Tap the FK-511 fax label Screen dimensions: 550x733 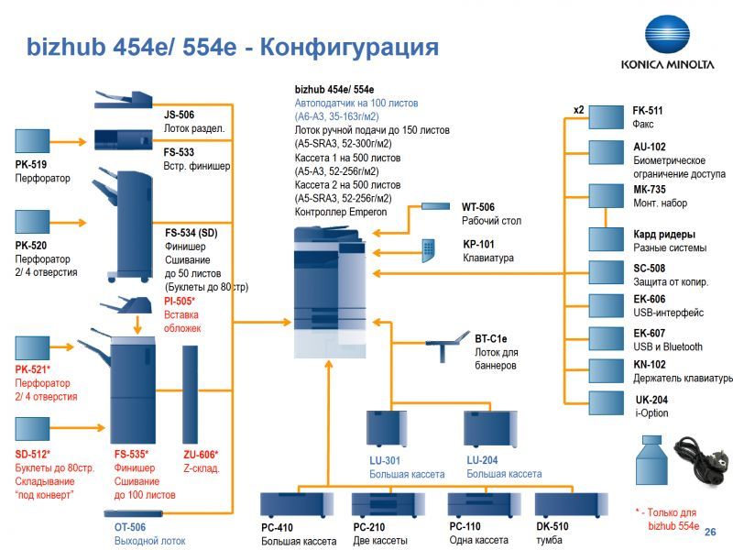(648, 111)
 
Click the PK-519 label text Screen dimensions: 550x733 (31, 165)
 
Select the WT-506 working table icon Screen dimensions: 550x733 (437, 208)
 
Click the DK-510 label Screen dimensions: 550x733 (552, 527)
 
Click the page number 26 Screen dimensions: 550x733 (711, 533)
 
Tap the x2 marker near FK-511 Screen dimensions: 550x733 (579, 110)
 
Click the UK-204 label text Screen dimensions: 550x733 (651, 400)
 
